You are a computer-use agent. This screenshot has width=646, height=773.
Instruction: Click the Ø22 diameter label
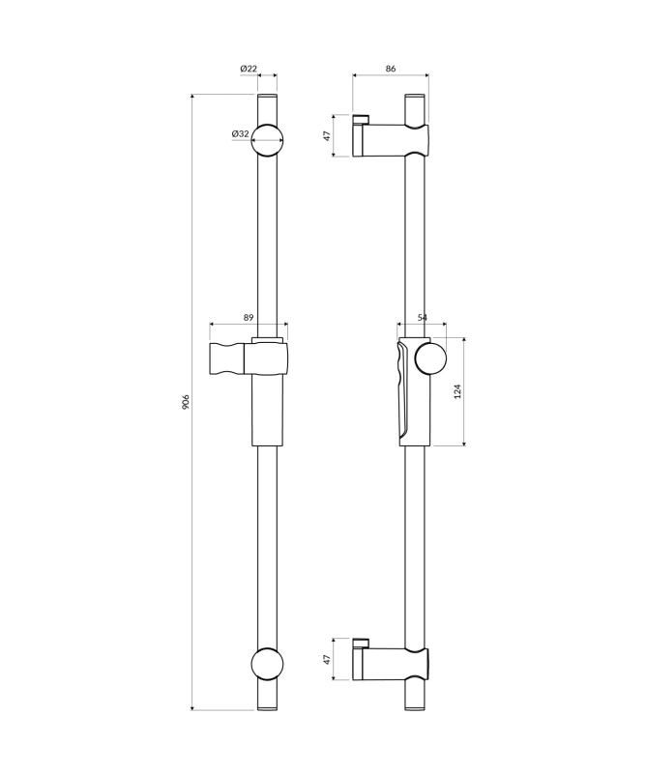pos(249,69)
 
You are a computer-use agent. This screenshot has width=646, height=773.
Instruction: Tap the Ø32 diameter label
pos(241,133)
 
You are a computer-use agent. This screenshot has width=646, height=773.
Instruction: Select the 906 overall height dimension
pos(186,402)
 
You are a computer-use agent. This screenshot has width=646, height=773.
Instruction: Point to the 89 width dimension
pos(249,318)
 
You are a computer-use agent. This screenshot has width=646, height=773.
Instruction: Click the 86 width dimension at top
pos(391,69)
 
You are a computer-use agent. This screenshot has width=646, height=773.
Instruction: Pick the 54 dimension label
pos(423,318)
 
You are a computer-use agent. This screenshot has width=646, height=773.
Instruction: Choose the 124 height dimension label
pos(457,391)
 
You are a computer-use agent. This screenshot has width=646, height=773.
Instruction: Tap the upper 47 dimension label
pos(327,136)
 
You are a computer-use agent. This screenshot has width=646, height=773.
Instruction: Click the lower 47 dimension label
pos(327,660)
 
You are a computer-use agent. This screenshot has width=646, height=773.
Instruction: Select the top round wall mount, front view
pos(268,140)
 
